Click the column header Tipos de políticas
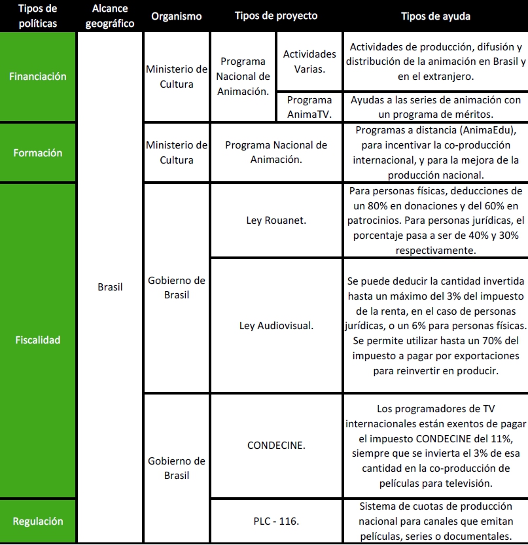(37, 16)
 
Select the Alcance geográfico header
(109, 16)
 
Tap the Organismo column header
(176, 16)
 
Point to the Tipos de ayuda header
(435, 16)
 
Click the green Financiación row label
(38, 77)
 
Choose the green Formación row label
(38, 152)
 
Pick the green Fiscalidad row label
(38, 340)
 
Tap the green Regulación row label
(38, 521)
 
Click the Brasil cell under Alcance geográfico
(110, 287)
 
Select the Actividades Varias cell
(309, 62)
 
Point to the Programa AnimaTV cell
(309, 107)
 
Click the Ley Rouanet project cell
(276, 220)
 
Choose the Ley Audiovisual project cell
(276, 325)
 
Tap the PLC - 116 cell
(276, 521)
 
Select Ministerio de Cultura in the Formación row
(177, 152)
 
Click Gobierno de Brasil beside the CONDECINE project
(177, 468)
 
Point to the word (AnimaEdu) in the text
(480, 130)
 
